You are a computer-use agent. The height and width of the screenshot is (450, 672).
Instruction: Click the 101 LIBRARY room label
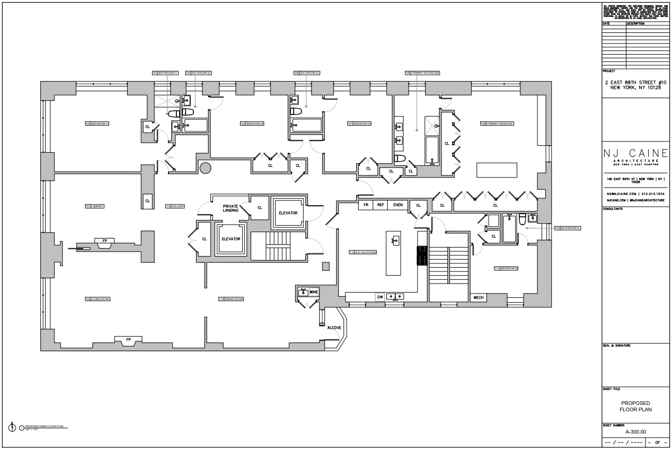tap(94, 206)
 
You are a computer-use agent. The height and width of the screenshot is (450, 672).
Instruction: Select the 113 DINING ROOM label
tap(231, 299)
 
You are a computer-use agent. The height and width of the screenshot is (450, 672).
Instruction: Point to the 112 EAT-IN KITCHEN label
tap(363, 252)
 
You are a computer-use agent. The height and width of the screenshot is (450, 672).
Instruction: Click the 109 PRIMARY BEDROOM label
tap(497, 123)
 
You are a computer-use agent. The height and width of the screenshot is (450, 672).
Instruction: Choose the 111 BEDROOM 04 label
tap(506, 268)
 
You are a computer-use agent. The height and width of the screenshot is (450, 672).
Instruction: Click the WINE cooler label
tap(314, 292)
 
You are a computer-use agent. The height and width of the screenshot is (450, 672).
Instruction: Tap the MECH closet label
tap(479, 298)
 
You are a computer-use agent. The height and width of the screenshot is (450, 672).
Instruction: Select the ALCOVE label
tap(334, 328)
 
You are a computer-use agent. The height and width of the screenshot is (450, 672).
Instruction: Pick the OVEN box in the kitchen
tap(397, 205)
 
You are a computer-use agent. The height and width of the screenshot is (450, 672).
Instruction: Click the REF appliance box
tap(381, 205)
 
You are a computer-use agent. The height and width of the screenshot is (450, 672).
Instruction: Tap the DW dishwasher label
tap(380, 297)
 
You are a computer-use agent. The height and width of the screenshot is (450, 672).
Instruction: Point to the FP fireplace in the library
tap(104, 241)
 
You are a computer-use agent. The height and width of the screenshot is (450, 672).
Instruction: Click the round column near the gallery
tap(205, 168)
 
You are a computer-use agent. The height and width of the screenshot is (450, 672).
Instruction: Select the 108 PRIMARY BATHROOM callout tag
tap(422, 73)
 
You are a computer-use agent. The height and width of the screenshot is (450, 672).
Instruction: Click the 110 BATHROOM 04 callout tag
tap(568, 228)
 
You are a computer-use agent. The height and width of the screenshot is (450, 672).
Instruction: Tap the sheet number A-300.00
tap(636, 431)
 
